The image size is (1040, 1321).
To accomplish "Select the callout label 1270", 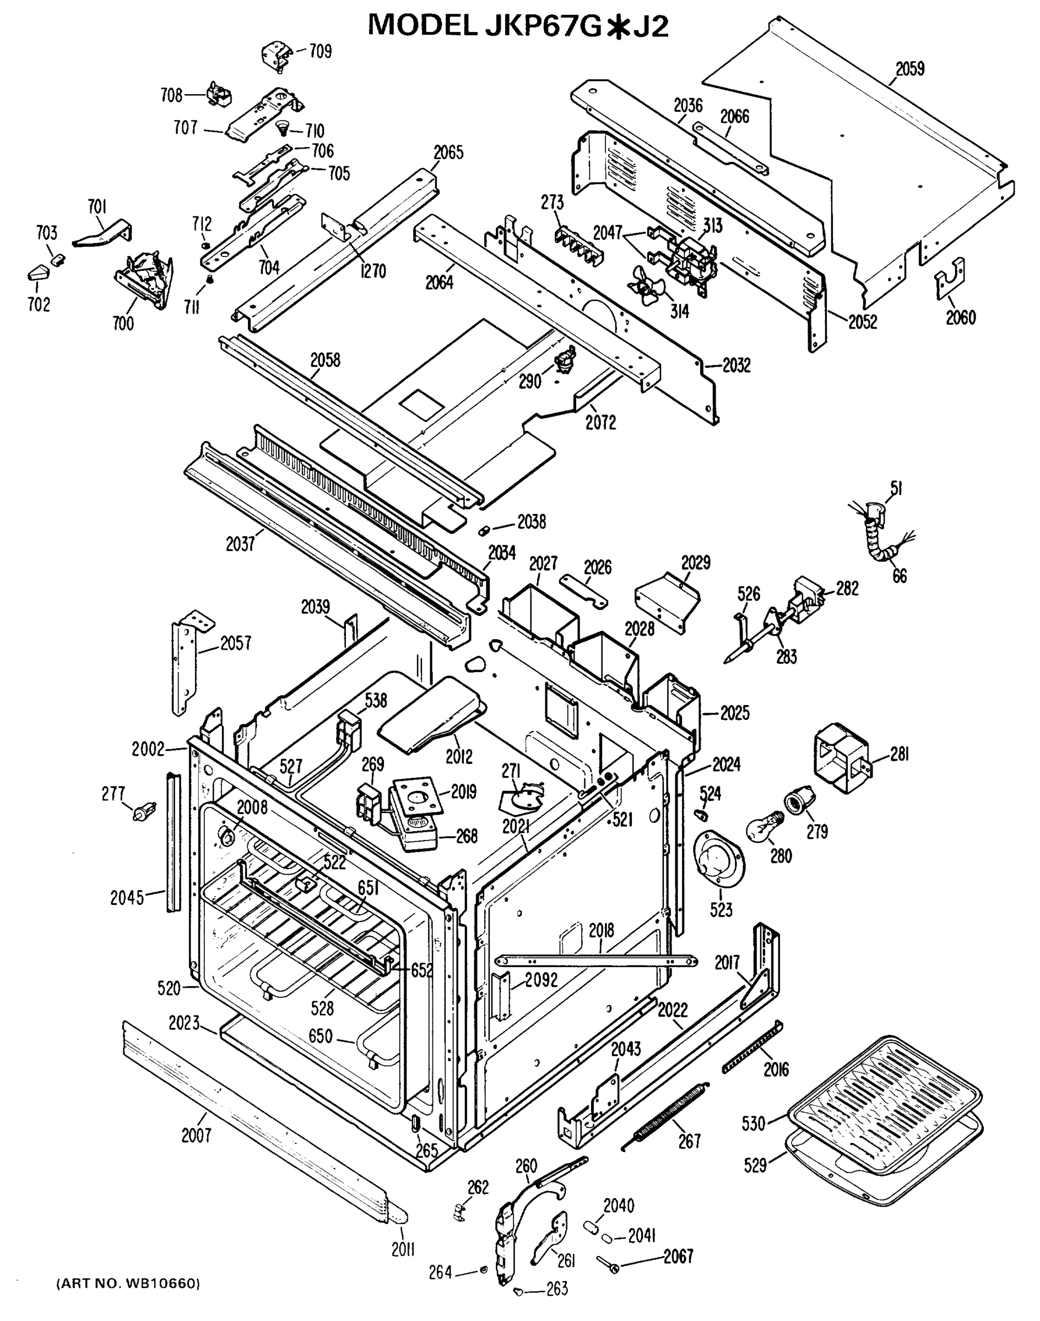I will coord(372,271).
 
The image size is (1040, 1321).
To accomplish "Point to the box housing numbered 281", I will coord(842,757).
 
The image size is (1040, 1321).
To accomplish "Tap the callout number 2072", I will coord(600,422).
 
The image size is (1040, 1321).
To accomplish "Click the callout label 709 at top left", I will coord(320,52).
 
